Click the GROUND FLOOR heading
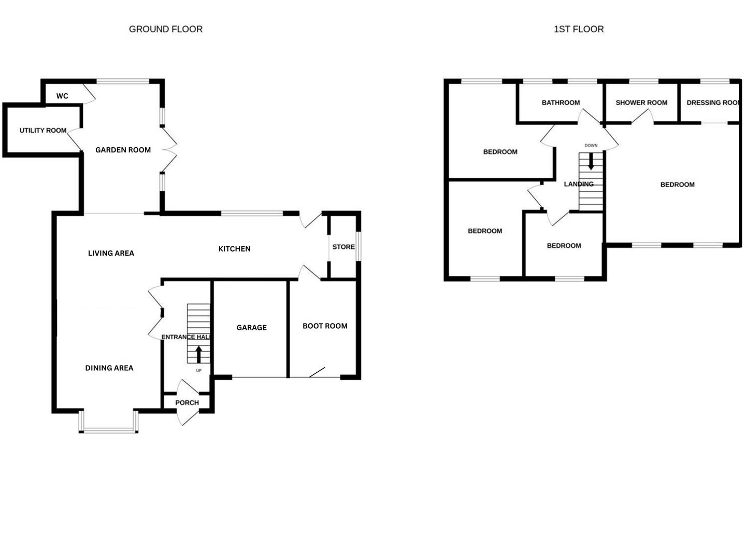(x=166, y=29)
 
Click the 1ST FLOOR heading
(x=579, y=29)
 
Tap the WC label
(x=62, y=96)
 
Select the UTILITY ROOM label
(x=43, y=130)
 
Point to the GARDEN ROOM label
(x=123, y=150)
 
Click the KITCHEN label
(x=234, y=249)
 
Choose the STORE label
(x=343, y=247)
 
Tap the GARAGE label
(x=251, y=328)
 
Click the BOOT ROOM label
(x=325, y=326)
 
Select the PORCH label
(x=187, y=403)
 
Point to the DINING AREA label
(x=109, y=368)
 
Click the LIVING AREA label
(x=111, y=254)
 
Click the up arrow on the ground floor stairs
(x=198, y=355)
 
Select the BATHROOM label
(x=561, y=103)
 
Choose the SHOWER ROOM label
(x=641, y=103)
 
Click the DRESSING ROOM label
(x=713, y=103)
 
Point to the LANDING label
(x=579, y=184)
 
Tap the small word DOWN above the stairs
(x=591, y=146)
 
